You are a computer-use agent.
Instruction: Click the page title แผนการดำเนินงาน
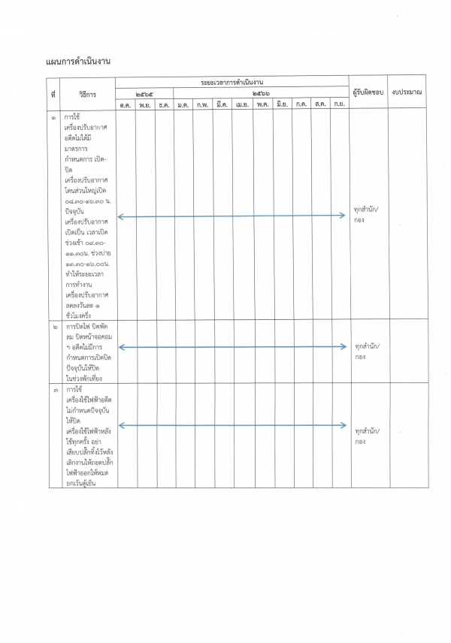(x=78, y=61)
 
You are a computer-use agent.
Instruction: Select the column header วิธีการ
(x=87, y=92)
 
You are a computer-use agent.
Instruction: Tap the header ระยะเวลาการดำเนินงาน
(x=232, y=80)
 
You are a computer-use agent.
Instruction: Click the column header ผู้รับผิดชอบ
(x=368, y=92)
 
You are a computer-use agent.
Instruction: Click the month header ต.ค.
(x=125, y=104)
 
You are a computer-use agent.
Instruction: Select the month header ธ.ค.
(x=164, y=104)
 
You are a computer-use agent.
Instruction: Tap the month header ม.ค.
(x=183, y=104)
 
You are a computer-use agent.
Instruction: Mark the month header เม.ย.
(x=242, y=104)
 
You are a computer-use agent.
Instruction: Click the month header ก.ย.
(x=339, y=104)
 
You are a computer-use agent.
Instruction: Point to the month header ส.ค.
(x=320, y=104)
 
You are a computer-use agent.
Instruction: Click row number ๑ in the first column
(x=53, y=119)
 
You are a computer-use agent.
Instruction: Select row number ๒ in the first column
(x=53, y=328)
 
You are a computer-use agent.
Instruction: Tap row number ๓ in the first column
(x=53, y=391)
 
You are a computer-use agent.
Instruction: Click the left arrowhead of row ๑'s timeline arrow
(x=120, y=216)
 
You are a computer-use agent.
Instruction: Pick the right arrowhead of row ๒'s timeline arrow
(x=344, y=347)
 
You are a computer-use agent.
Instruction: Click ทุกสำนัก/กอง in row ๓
(x=367, y=436)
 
